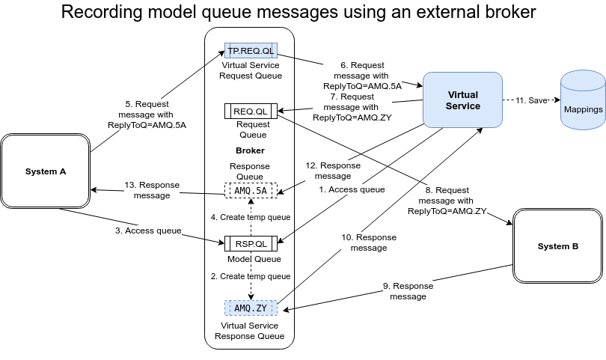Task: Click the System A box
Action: click(46, 171)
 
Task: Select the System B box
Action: click(558, 246)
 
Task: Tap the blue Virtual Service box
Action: click(462, 100)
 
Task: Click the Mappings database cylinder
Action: click(583, 103)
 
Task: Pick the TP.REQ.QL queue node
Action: click(251, 51)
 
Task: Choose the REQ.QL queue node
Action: click(251, 111)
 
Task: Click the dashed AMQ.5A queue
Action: click(251, 191)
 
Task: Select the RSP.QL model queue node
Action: click(251, 242)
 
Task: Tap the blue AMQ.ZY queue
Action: click(251, 308)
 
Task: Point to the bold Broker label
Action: click(250, 150)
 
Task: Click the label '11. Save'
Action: click(531, 100)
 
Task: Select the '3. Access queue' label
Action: click(148, 231)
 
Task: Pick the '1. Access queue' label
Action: click(352, 190)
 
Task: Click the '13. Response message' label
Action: click(153, 190)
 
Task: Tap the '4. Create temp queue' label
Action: click(251, 217)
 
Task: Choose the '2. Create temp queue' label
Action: click(251, 276)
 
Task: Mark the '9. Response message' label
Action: click(408, 291)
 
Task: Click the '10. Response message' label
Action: click(369, 242)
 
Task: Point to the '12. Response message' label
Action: click(333, 171)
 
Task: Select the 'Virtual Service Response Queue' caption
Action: click(250, 331)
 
